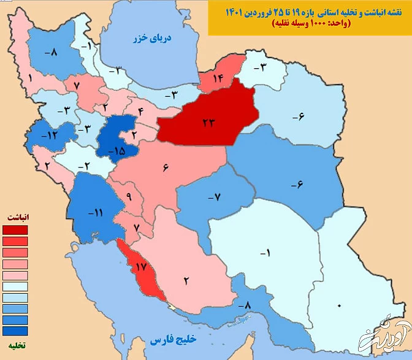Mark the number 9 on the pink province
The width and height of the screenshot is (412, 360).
[x=129, y=196]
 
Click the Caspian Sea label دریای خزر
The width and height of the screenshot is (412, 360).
[x=153, y=39]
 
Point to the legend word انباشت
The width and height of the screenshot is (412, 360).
[x=18, y=218]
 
